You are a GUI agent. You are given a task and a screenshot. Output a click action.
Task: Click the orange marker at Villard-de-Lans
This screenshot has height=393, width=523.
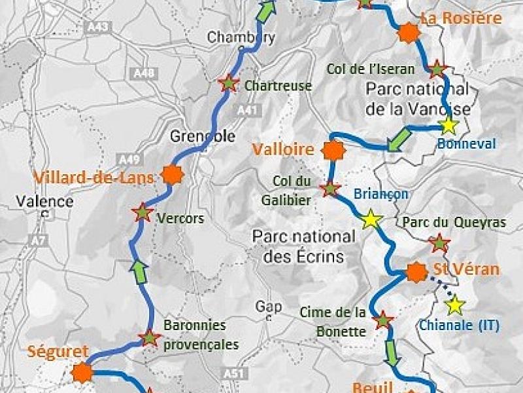[173, 175]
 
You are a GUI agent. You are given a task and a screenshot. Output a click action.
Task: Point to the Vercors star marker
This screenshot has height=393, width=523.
[141, 212]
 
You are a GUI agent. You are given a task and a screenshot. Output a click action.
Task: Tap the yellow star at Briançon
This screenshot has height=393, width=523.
[371, 219]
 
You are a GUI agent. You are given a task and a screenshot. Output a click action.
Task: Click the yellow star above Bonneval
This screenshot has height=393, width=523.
[448, 126]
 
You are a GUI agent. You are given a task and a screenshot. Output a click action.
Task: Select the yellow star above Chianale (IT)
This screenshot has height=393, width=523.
[454, 305]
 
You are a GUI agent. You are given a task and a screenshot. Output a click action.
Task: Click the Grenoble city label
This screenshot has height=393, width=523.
[202, 136]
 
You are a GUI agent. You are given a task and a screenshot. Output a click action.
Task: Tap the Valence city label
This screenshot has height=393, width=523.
[45, 201]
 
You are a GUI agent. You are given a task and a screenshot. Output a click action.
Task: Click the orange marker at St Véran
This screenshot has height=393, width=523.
[415, 272]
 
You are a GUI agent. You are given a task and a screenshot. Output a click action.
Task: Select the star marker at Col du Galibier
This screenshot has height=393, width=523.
[331, 189]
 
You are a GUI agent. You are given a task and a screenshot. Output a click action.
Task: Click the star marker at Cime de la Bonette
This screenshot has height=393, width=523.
[382, 320]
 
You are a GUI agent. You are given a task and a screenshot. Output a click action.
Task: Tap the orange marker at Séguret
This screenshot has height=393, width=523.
[82, 372]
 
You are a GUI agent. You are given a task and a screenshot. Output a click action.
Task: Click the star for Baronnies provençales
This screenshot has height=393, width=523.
[150, 338]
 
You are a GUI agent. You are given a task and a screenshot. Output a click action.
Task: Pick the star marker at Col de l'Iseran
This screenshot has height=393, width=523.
[437, 67]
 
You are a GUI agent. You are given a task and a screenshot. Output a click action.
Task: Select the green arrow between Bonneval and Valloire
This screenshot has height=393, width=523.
[398, 140]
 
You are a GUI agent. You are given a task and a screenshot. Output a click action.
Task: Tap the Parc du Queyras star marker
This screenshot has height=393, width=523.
[439, 243]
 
